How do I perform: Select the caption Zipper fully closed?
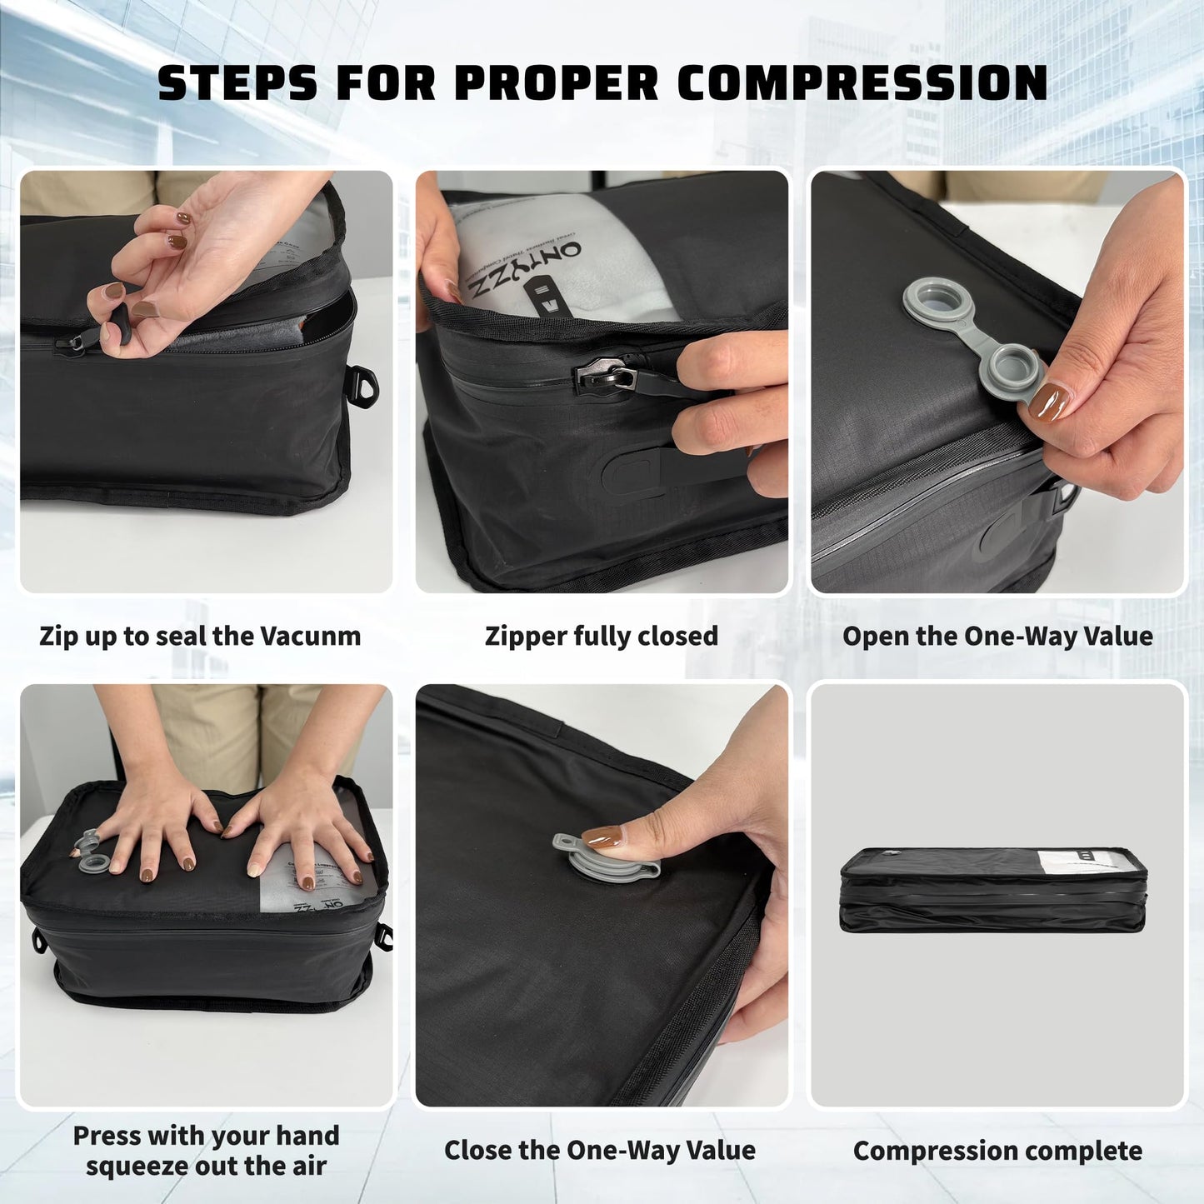(601, 636)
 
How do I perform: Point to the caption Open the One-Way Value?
(997, 636)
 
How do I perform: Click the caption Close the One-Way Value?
(599, 1151)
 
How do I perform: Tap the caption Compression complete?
(997, 1151)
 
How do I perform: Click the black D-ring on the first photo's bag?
(360, 382)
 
